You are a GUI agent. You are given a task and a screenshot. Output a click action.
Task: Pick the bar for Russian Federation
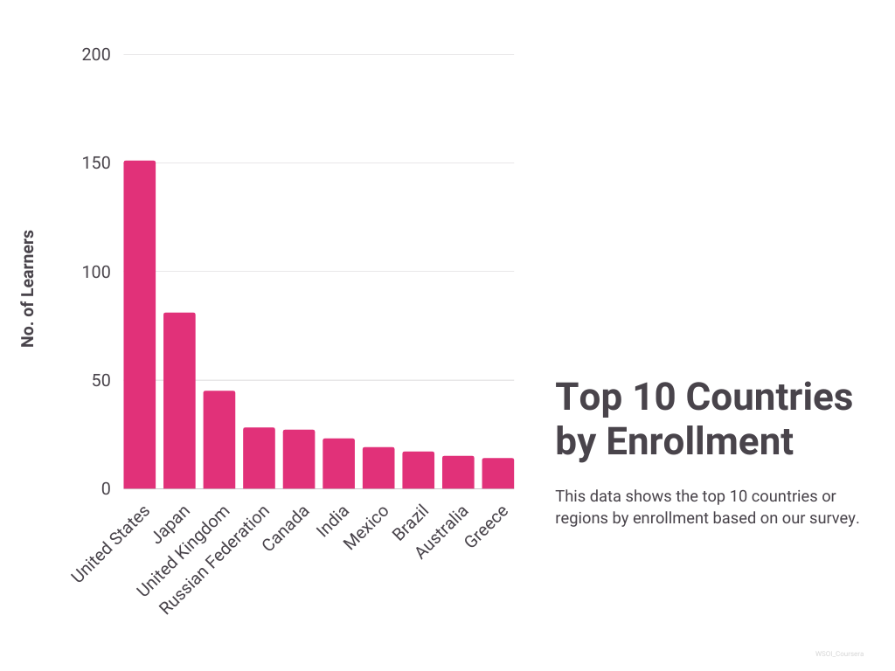259,458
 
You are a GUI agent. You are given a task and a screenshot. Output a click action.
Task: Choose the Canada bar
299,459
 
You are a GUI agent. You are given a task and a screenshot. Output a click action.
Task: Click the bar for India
338,463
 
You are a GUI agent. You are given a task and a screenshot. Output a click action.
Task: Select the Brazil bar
418,470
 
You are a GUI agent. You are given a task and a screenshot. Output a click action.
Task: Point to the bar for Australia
458,472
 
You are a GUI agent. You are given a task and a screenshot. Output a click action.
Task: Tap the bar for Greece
497,474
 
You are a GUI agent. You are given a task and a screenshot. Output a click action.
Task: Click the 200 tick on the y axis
96,55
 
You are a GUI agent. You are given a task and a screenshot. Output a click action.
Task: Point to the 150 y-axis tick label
96,163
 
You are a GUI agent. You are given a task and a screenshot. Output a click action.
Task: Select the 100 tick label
96,272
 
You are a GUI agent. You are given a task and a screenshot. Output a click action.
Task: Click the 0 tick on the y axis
106,489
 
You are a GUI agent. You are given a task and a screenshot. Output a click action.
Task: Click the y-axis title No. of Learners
28,288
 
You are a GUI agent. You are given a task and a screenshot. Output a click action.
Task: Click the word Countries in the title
768,397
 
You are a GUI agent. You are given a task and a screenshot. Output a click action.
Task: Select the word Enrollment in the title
699,441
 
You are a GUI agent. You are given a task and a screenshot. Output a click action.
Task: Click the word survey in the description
836,518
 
